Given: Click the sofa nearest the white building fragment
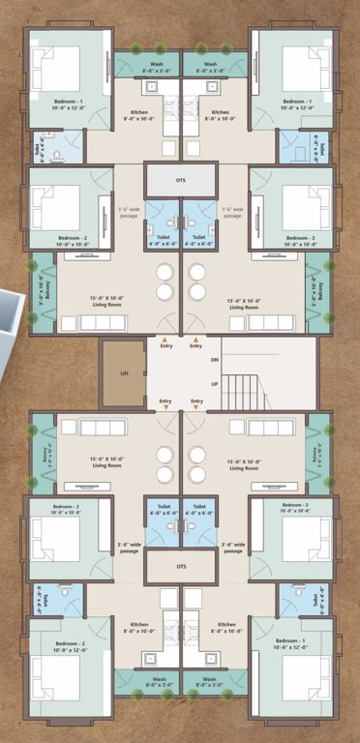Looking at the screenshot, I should click(84, 323).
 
